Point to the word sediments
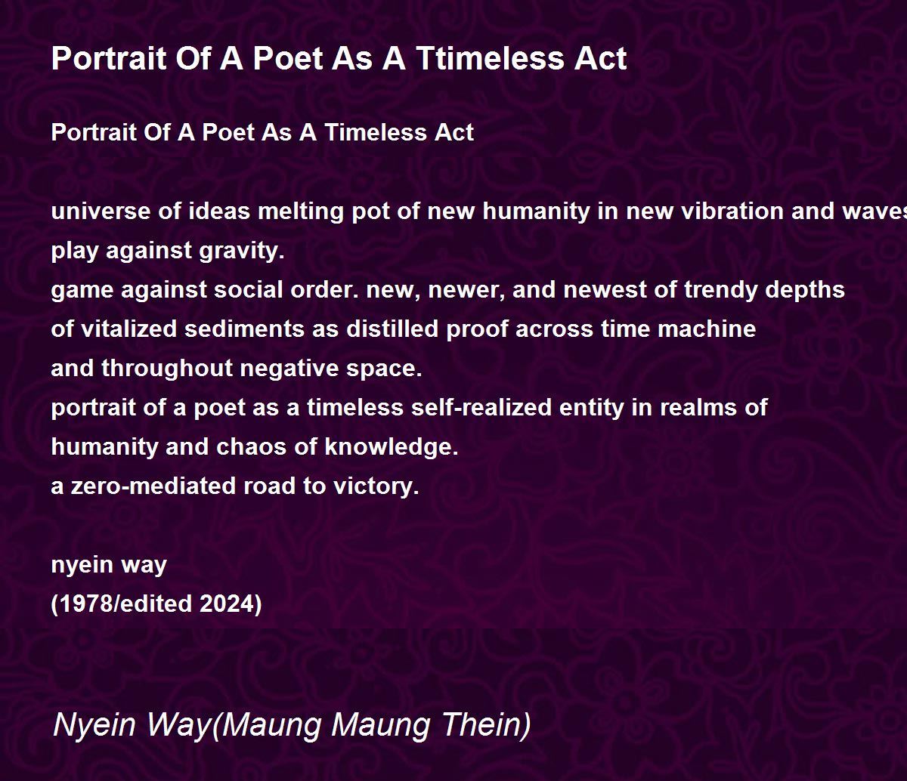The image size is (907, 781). tap(244, 329)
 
